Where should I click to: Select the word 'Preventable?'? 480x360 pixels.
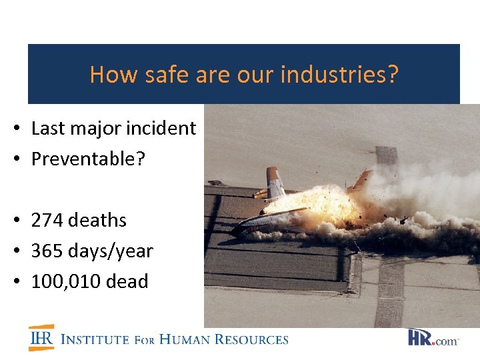tap(88, 159)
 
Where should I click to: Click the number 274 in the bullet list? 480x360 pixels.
tap(47, 220)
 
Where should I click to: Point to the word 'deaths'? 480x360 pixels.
tap(97, 220)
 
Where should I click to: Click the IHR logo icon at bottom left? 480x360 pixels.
tap(41, 337)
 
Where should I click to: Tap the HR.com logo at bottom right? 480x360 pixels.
tap(433, 337)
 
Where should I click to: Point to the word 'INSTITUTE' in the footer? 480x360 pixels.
tap(95, 339)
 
